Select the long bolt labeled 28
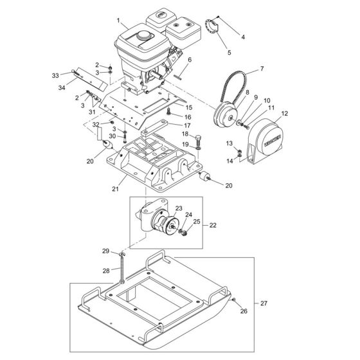click(x=121, y=273)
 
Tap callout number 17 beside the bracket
click(x=188, y=125)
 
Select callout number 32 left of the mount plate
click(x=96, y=123)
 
